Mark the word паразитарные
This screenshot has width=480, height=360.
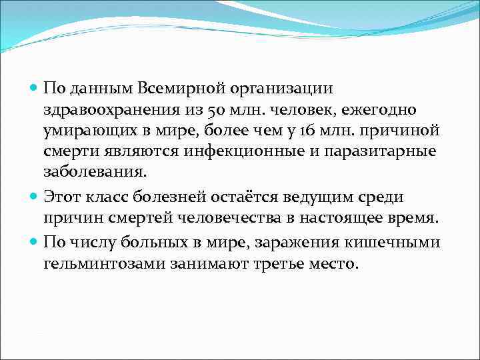[381, 151]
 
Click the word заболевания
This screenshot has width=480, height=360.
[93, 171]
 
